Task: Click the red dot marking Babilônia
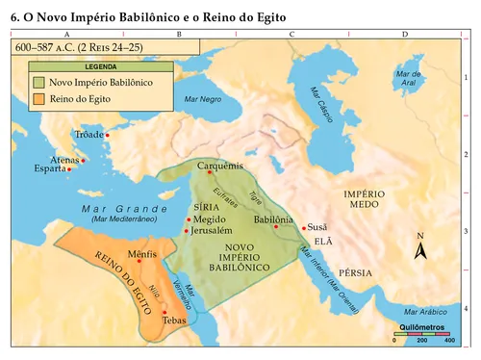[x=276, y=226]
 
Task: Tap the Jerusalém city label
[x=213, y=231]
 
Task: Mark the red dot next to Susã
[x=303, y=228]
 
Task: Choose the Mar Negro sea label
[x=203, y=99]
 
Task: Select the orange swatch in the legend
[x=38, y=99]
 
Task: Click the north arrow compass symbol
[x=419, y=249]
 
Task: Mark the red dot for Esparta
[x=68, y=169]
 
